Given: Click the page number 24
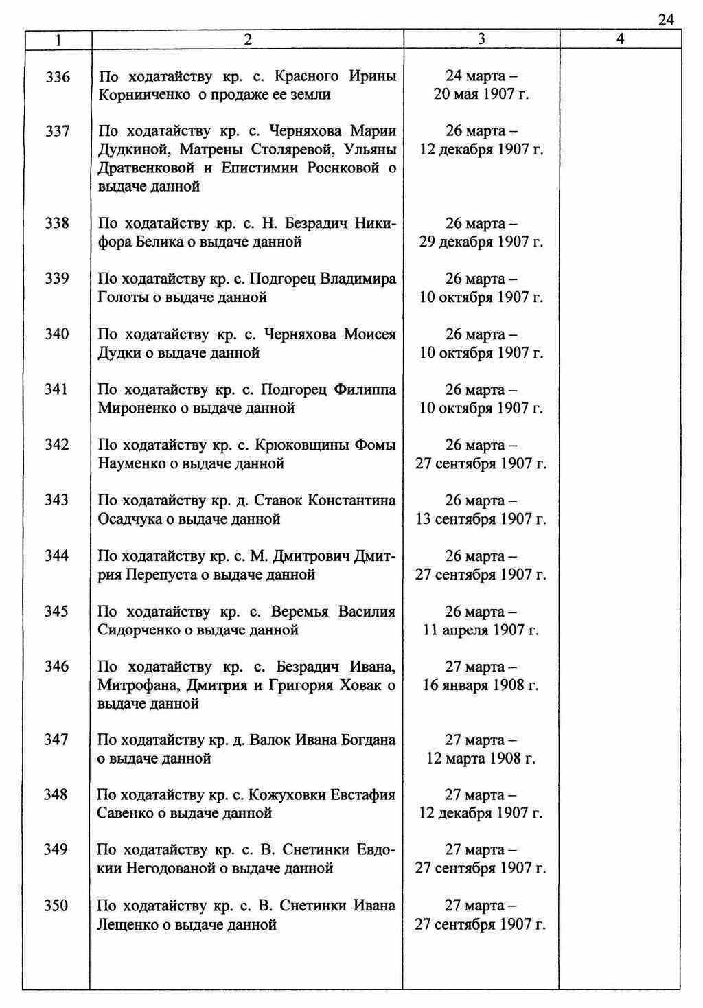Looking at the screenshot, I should pos(665,20).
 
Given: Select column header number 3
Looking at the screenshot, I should pos(481,40).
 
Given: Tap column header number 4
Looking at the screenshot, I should pos(620,40).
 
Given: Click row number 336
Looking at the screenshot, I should pos(57,77).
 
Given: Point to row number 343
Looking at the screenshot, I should pos(56,501).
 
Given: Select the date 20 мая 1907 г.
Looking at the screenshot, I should pos(481,95).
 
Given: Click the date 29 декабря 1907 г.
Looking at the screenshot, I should pos(481,242).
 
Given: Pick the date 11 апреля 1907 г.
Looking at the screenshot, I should pos(481,630).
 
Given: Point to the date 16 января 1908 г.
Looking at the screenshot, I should pos(481,685).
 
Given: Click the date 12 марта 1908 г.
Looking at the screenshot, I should pos(481,759).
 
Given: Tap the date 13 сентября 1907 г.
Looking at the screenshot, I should pos(481,519).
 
